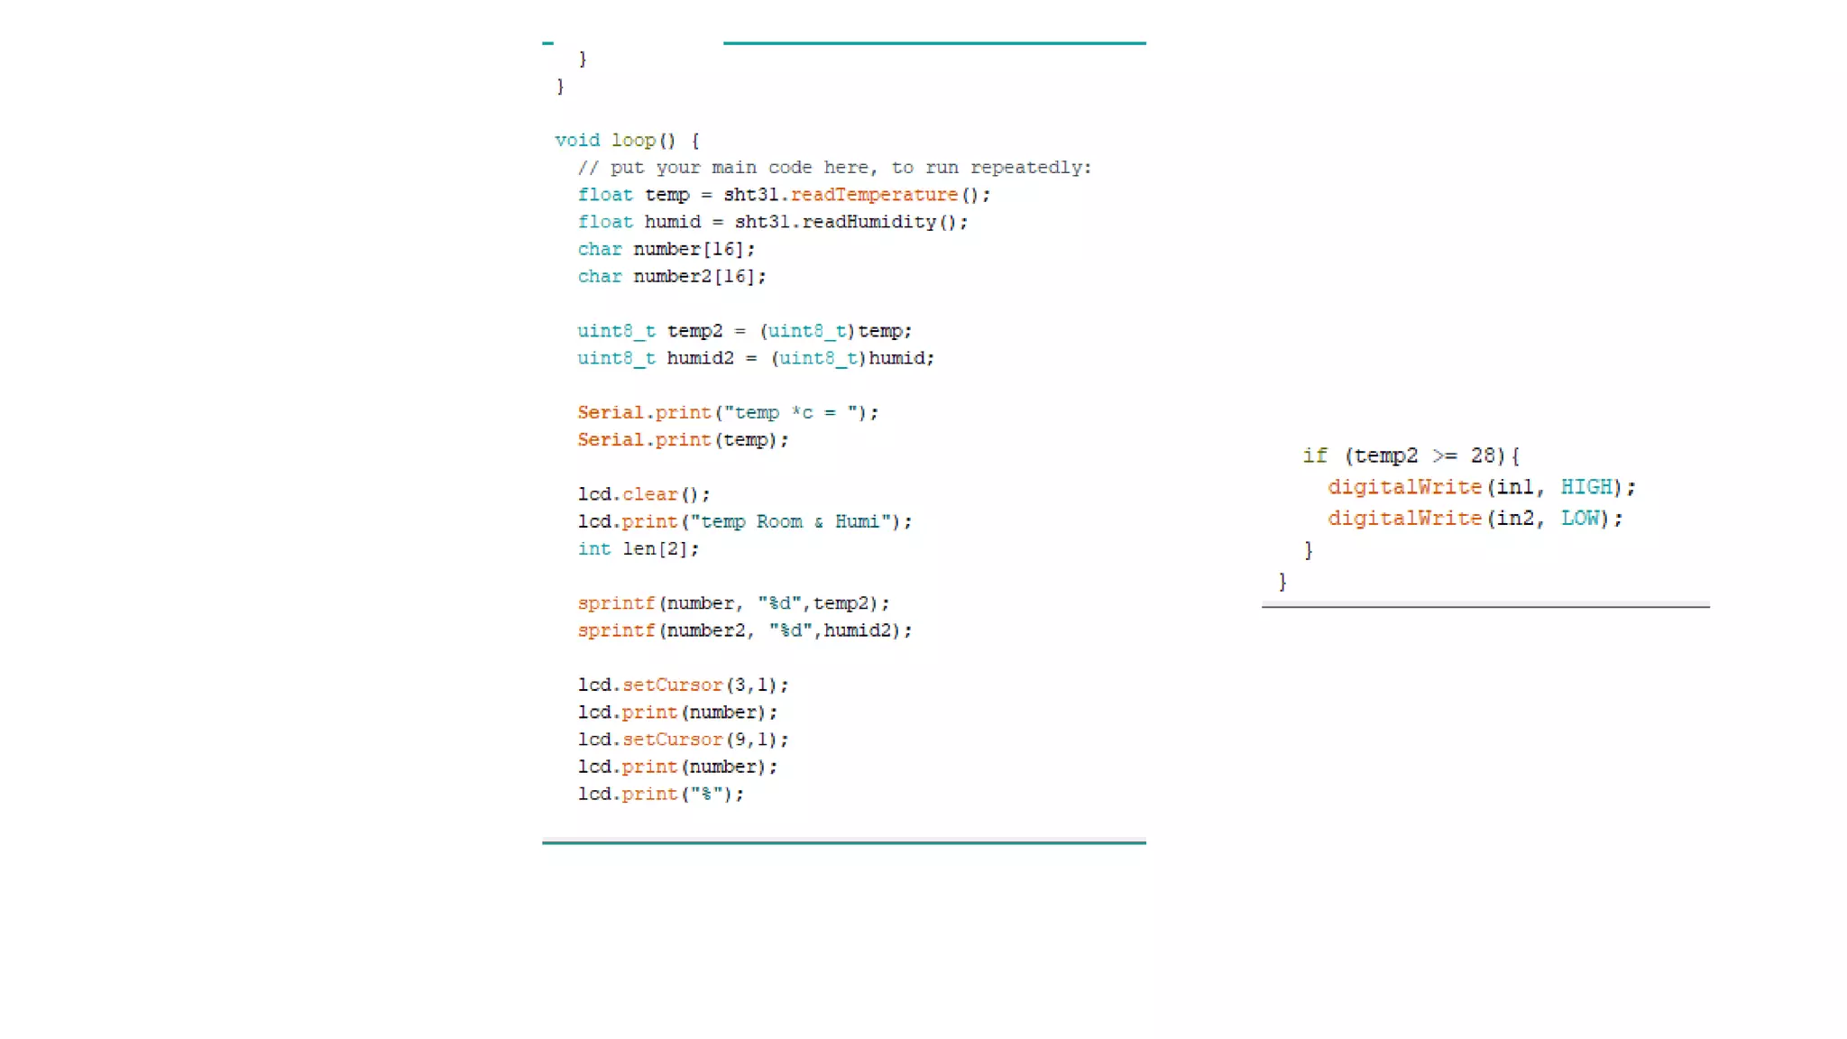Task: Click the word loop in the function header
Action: (633, 141)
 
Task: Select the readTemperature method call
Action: (874, 195)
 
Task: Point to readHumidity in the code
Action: (868, 222)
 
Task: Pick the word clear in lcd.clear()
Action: (649, 494)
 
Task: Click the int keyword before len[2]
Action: (594, 549)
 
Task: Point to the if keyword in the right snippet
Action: (1315, 456)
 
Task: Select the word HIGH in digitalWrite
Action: (1586, 487)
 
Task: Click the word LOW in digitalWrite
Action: (1580, 519)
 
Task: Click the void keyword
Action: (577, 141)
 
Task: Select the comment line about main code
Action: (834, 168)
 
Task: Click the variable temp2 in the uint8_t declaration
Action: (694, 331)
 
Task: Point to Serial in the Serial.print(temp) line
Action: (611, 440)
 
